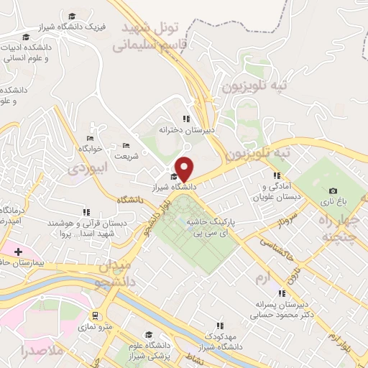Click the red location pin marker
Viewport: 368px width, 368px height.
(x=185, y=169)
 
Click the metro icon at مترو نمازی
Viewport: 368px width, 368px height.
(x=95, y=315)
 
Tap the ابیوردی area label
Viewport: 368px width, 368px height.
(x=87, y=168)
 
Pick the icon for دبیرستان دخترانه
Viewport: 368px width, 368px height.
(x=185, y=119)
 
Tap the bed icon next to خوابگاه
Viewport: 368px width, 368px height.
(x=91, y=138)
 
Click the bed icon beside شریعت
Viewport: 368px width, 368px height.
(x=126, y=144)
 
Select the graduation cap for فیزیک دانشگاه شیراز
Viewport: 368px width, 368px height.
(x=72, y=16)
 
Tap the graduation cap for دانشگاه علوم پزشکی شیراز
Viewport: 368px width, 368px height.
(x=149, y=334)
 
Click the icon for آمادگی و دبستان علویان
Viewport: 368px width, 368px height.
(x=275, y=175)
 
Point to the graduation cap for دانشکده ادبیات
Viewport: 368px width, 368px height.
(x=26, y=37)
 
